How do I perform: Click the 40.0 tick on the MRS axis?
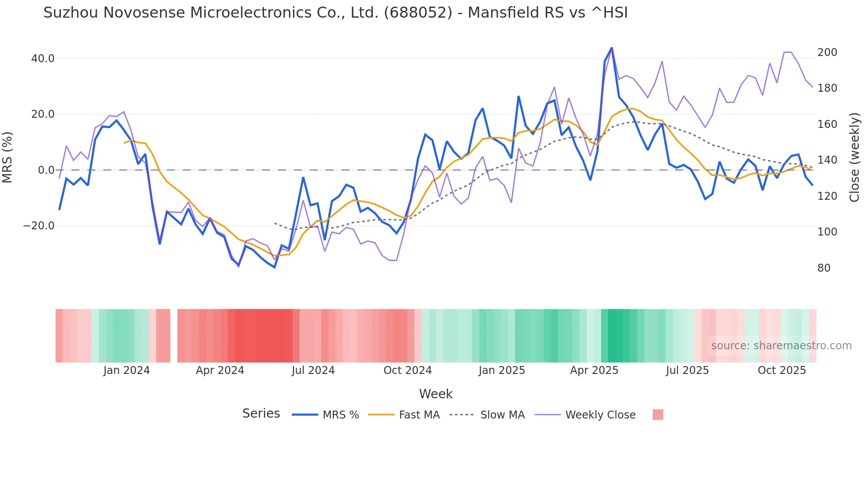coord(42,59)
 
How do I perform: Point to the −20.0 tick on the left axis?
coord(39,226)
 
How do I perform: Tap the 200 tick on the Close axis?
coord(827,52)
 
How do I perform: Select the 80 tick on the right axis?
coord(824,268)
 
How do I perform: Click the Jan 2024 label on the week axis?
coord(127,370)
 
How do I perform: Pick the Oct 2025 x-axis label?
coord(782,370)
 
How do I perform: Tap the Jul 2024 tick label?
coord(313,370)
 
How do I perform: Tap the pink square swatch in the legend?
coord(658,415)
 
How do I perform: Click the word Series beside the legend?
coord(261,414)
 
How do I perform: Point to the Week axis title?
coord(436,394)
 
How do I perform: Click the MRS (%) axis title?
coord(7,157)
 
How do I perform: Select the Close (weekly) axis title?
coord(855,157)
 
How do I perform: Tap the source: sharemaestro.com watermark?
coord(781,346)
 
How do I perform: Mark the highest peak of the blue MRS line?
coord(612,48)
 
